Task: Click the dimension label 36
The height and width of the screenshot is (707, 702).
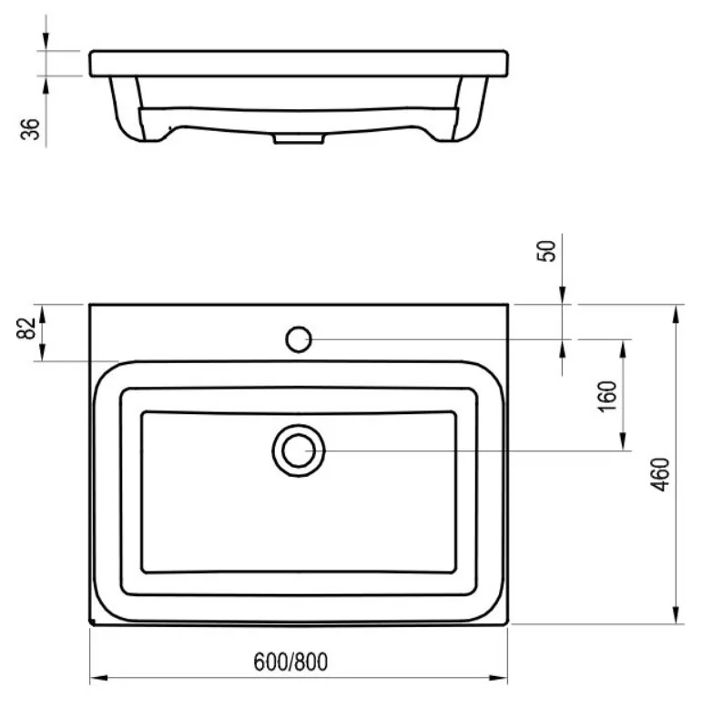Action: click(30, 129)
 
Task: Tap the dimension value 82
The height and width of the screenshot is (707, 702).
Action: click(26, 328)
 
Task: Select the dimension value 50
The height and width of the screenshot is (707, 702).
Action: click(546, 251)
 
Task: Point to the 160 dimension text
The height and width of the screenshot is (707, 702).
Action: click(606, 396)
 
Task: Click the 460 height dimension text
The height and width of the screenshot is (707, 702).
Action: click(660, 474)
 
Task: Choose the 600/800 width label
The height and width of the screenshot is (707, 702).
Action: click(290, 662)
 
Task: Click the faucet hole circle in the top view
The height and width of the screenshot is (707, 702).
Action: click(299, 339)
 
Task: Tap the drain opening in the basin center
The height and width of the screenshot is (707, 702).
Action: click(299, 450)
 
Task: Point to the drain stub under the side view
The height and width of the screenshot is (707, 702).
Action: click(299, 138)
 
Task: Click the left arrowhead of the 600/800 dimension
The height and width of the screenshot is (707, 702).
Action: click(98, 678)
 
